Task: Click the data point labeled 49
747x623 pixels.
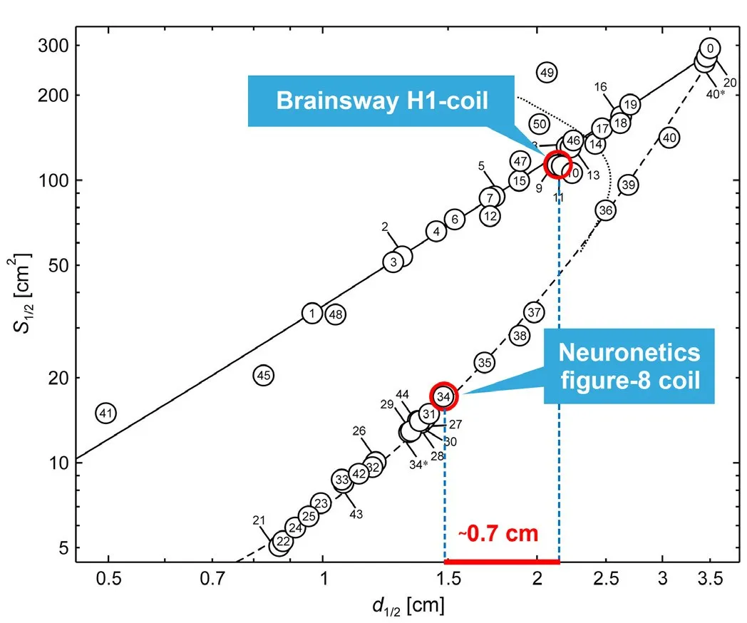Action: point(547,72)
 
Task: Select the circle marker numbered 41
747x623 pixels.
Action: point(106,413)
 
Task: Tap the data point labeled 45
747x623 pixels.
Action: point(264,375)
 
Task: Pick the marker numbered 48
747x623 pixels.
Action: point(336,314)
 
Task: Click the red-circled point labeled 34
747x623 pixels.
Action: point(443,396)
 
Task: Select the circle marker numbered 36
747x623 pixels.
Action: point(605,210)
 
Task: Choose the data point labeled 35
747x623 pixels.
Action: point(485,363)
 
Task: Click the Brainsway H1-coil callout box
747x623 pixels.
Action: point(382,101)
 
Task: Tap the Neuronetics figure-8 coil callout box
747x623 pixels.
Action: point(629,366)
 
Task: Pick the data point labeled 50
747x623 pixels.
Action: point(540,124)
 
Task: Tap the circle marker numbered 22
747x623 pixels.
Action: point(283,542)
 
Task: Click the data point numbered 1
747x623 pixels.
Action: point(311,313)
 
